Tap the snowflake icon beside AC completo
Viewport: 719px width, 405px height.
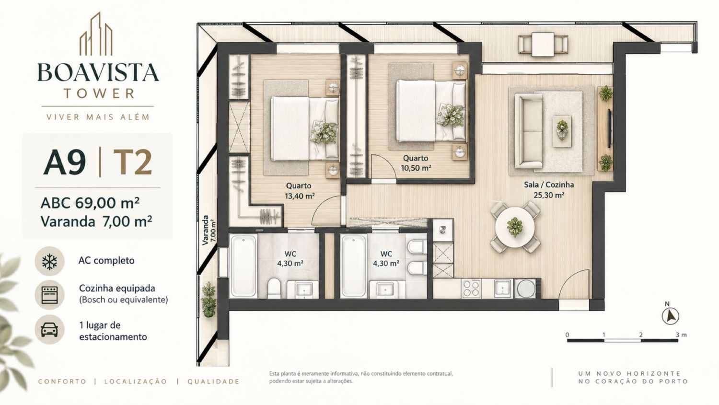point(49,261)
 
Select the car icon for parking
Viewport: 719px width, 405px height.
point(49,330)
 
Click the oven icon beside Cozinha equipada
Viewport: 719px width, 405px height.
point(49,295)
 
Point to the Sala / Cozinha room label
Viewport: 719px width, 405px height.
point(549,185)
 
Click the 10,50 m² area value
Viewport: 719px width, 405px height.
point(416,168)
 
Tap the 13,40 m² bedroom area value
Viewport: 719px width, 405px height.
point(300,196)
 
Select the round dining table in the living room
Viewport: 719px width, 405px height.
point(515,227)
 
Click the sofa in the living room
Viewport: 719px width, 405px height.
point(529,131)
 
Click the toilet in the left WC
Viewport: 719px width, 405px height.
point(274,288)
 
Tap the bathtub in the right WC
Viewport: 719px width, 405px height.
point(353,266)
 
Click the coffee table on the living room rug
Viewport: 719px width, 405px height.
point(562,131)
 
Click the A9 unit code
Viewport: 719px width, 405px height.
point(65,162)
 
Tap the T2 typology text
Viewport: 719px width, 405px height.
point(132,162)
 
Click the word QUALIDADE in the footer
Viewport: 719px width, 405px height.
point(213,382)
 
